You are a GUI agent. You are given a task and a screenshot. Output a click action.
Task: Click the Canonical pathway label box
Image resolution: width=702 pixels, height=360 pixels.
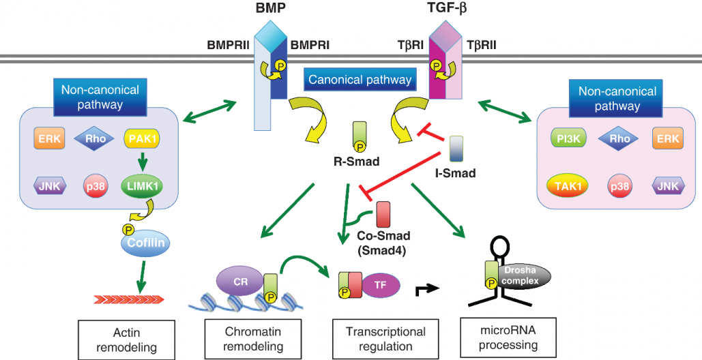(x=360, y=80)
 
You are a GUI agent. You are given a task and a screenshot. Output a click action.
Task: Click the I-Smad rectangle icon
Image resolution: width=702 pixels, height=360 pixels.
(x=456, y=149)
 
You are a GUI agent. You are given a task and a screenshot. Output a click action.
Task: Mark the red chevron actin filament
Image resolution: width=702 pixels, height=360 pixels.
(x=130, y=298)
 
